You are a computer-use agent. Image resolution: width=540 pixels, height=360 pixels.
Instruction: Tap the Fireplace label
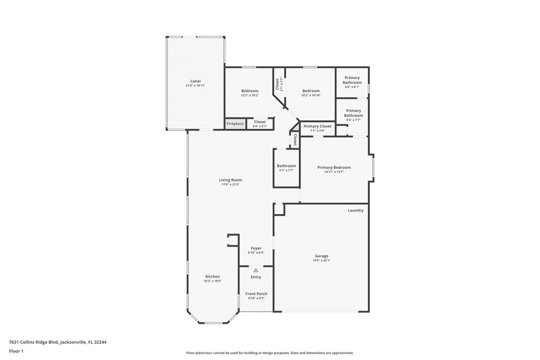(235, 124)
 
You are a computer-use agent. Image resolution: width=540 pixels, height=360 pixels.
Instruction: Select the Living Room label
(231, 180)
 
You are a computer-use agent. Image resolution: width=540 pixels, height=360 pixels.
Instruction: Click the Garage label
(321, 255)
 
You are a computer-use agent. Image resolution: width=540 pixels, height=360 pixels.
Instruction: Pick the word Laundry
(356, 210)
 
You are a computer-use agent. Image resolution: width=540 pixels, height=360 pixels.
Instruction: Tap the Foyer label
(256, 248)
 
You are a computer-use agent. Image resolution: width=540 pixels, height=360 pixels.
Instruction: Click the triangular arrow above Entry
(256, 270)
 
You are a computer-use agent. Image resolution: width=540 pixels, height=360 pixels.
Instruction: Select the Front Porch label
(256, 294)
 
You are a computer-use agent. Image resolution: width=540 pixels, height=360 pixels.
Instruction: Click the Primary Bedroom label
(334, 167)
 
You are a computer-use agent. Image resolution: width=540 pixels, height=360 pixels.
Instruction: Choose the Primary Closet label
(317, 126)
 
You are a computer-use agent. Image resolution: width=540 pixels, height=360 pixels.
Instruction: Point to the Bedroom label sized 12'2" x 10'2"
(250, 91)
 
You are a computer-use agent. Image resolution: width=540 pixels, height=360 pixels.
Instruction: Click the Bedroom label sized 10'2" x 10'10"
(310, 91)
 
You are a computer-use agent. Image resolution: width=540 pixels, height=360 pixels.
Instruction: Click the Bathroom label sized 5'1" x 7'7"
(286, 165)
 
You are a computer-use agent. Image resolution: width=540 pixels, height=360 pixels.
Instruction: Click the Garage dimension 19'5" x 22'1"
(321, 260)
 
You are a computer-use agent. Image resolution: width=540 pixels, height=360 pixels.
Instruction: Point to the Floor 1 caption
(16, 352)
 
